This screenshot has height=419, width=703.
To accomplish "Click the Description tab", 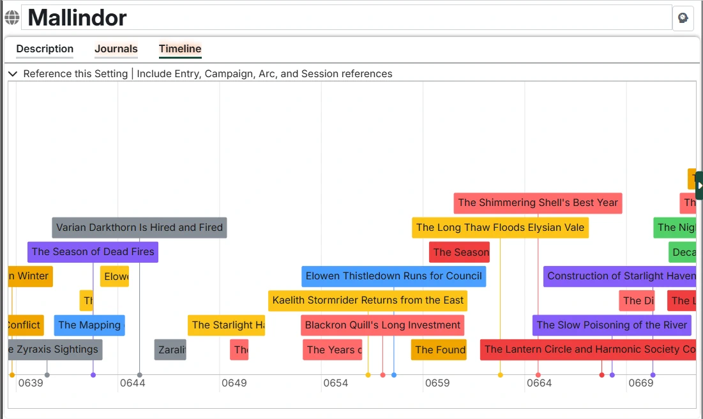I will tap(45, 49).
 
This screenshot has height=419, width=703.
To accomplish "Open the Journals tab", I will tap(116, 49).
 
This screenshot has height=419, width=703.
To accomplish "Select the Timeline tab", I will tap(180, 49).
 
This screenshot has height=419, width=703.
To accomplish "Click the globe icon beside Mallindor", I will tap(12, 18).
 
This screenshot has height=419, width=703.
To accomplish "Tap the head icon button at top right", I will tap(683, 18).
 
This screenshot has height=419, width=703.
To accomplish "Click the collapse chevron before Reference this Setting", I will tap(13, 74).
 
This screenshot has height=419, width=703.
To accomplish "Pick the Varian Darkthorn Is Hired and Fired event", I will tap(139, 228).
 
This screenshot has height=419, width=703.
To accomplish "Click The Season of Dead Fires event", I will tap(93, 252).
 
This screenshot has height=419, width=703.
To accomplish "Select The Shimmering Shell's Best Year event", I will tap(538, 203).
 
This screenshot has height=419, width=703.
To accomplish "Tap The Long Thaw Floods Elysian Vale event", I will tap(500, 228).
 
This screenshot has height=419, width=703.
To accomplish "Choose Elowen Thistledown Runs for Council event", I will tap(393, 276).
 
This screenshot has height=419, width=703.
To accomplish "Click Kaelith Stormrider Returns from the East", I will tap(368, 300).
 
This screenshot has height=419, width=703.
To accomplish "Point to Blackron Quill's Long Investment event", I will tap(382, 325).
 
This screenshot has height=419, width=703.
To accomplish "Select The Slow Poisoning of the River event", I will tap(612, 325).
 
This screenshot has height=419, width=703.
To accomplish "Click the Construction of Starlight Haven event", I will tap(620, 276).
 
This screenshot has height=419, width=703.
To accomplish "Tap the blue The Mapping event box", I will tap(89, 325).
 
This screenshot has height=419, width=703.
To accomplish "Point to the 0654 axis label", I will tap(335, 383).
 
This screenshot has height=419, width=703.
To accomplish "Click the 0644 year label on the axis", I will tap(132, 383).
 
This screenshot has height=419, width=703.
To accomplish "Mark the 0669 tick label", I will tap(640, 383).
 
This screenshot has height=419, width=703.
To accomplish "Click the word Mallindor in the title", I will tap(77, 18).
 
